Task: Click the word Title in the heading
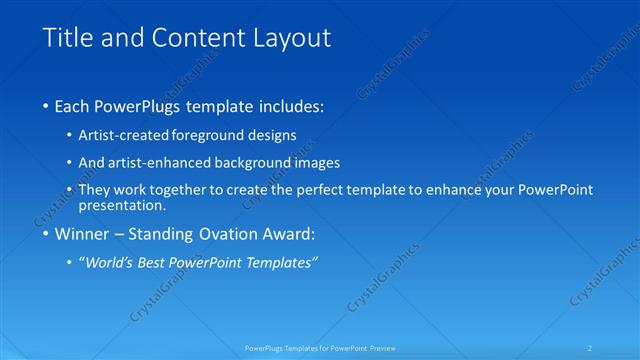click(x=66, y=39)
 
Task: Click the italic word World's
click(x=109, y=263)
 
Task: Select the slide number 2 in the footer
click(x=591, y=348)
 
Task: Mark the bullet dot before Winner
click(x=46, y=236)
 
